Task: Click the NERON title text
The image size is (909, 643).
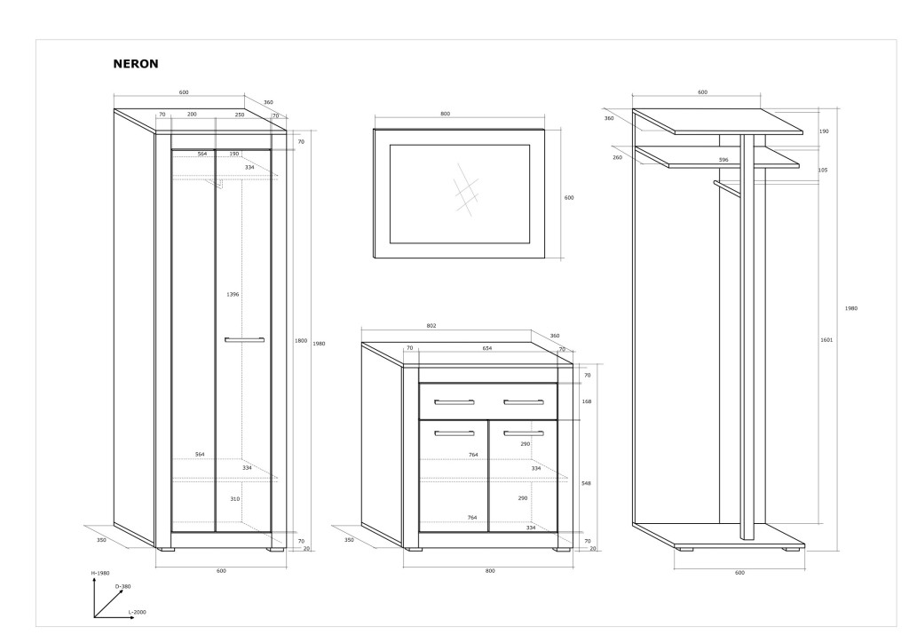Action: click(136, 64)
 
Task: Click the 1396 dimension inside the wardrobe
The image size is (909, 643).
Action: click(233, 295)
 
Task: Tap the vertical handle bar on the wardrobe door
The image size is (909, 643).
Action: click(245, 340)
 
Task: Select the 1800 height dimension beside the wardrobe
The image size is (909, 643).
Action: click(300, 341)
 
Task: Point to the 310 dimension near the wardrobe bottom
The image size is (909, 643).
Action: click(234, 499)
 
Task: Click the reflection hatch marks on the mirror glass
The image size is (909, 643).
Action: click(467, 188)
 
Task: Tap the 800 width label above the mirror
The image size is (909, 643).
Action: click(446, 115)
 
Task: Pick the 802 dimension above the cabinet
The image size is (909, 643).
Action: click(431, 326)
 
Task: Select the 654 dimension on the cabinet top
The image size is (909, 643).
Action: click(487, 348)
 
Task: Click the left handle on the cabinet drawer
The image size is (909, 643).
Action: click(454, 402)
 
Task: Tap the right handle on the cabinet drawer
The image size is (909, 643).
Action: click(524, 402)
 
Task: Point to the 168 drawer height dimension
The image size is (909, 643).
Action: click(587, 401)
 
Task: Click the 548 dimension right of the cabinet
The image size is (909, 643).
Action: click(586, 483)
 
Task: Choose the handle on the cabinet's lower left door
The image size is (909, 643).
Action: click(454, 433)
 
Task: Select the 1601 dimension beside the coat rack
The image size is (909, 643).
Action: click(826, 340)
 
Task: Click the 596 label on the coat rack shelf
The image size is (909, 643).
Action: click(723, 160)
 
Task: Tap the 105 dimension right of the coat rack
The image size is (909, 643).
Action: click(823, 171)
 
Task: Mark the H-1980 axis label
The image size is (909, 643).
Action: click(100, 574)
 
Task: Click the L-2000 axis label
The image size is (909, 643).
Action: click(138, 612)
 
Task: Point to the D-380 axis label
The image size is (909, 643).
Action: click(123, 587)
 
